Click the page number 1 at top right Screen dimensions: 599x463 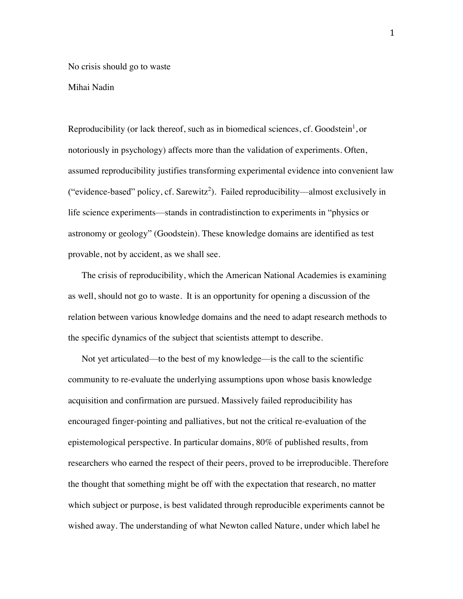tap(392, 34)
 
